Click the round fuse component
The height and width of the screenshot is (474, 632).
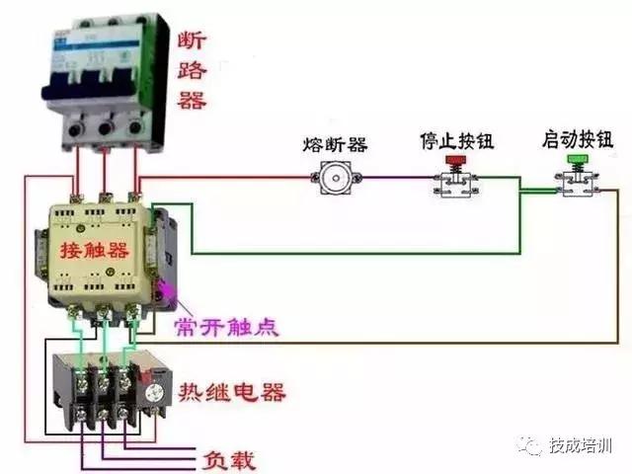click(x=335, y=179)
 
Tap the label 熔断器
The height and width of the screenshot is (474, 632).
click(x=335, y=144)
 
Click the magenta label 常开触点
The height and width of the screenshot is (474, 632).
click(x=226, y=327)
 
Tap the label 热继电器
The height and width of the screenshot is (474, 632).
click(x=232, y=392)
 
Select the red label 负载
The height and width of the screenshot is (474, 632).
click(x=229, y=460)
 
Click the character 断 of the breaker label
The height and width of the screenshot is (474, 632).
click(x=194, y=40)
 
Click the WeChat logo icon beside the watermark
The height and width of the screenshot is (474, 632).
click(x=533, y=447)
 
